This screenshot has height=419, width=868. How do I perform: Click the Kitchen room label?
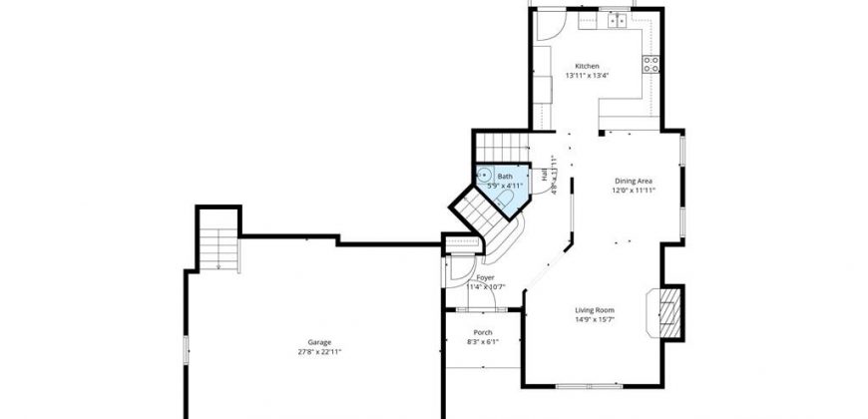click(587, 66)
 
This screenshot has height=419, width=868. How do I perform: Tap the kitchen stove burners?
click(651, 65)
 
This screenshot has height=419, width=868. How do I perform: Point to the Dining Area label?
click(633, 181)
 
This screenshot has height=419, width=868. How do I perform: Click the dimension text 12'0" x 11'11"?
click(633, 191)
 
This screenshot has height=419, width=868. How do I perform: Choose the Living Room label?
click(593, 309)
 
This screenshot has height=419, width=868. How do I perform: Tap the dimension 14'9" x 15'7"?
click(593, 319)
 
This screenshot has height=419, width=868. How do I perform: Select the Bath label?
click(505, 176)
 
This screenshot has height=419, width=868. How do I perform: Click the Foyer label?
click(485, 277)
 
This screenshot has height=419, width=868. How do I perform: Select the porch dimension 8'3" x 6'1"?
click(483, 341)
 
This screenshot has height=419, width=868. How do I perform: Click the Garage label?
click(319, 341)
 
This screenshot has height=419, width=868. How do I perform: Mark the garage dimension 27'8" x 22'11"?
click(319, 351)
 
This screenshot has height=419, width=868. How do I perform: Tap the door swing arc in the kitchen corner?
click(547, 27)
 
